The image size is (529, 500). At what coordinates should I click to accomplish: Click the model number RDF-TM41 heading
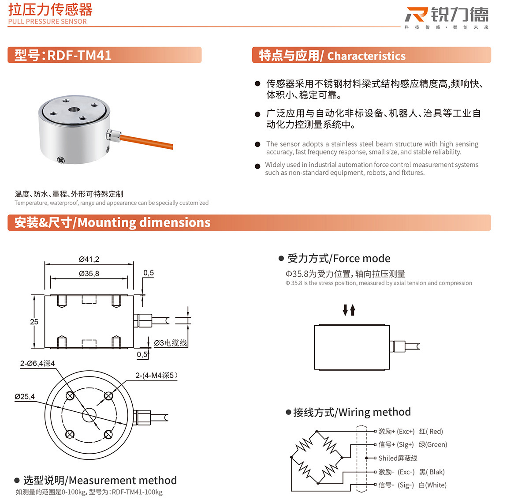pos(63,55)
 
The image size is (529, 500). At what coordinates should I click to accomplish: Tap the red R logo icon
pos(416,15)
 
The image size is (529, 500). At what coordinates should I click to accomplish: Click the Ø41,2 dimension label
pos(89,259)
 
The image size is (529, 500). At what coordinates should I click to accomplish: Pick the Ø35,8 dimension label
pos(89,274)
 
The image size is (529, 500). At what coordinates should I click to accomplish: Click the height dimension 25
pos(34,322)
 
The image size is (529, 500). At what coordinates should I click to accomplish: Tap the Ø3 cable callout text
pos(170,343)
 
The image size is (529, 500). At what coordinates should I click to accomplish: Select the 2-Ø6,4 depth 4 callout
pos(37,364)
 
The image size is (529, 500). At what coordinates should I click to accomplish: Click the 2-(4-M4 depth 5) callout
pos(156,376)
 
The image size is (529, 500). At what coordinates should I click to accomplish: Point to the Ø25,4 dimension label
pos(25,396)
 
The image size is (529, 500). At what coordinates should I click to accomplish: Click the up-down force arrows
pos(349,310)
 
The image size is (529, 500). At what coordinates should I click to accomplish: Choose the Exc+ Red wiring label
pos(410,431)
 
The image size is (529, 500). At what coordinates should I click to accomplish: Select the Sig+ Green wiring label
pos(413,444)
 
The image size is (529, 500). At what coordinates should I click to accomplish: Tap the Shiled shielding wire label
pos(398,458)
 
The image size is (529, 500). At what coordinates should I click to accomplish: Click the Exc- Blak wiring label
pos(411,472)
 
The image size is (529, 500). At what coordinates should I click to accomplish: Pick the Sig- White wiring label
pos(412,485)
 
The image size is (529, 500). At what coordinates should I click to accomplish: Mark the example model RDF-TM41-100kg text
pos(137,492)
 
